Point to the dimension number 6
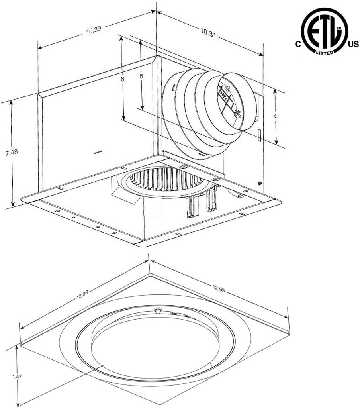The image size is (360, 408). coord(123,79)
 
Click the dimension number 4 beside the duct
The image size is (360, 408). coord(275,116)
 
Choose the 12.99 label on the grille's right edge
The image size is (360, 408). coord(219,290)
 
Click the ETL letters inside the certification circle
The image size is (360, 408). coord(324,32)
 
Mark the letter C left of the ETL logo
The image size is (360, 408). coord(297,45)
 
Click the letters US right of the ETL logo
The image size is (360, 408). coord(353,45)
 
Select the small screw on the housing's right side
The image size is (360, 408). coord(260,183)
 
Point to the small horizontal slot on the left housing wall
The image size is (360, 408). coord(98,152)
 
